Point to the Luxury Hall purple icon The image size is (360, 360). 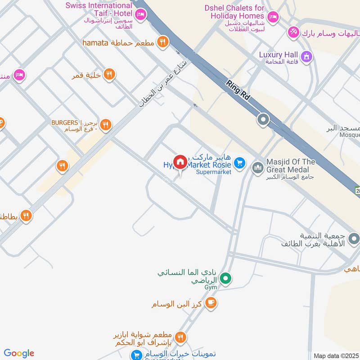[307, 56]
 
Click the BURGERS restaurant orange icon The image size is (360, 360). [106, 124]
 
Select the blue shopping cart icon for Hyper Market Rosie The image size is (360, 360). [240, 163]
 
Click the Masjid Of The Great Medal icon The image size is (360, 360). [257, 168]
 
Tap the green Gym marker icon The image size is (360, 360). [227, 279]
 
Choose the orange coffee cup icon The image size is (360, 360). [210, 303]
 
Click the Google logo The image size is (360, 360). [19, 353]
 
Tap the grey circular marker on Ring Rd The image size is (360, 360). [263, 120]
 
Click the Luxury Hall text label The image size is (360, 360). [279, 55]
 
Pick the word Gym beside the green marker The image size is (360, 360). [211, 287]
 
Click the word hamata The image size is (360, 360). [95, 43]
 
